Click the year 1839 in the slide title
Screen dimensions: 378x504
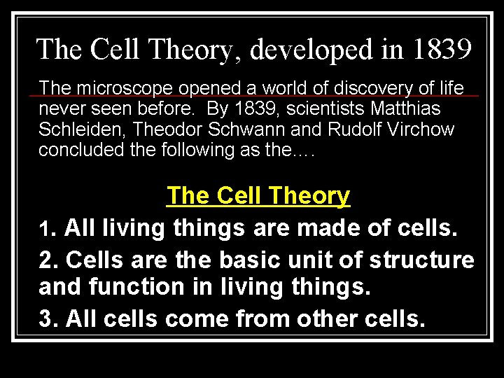point(442,50)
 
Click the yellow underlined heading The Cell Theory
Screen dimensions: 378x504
point(258,196)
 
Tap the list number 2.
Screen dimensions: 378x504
point(48,260)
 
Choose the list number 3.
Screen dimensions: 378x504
point(48,318)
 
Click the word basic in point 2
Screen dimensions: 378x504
point(245,260)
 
